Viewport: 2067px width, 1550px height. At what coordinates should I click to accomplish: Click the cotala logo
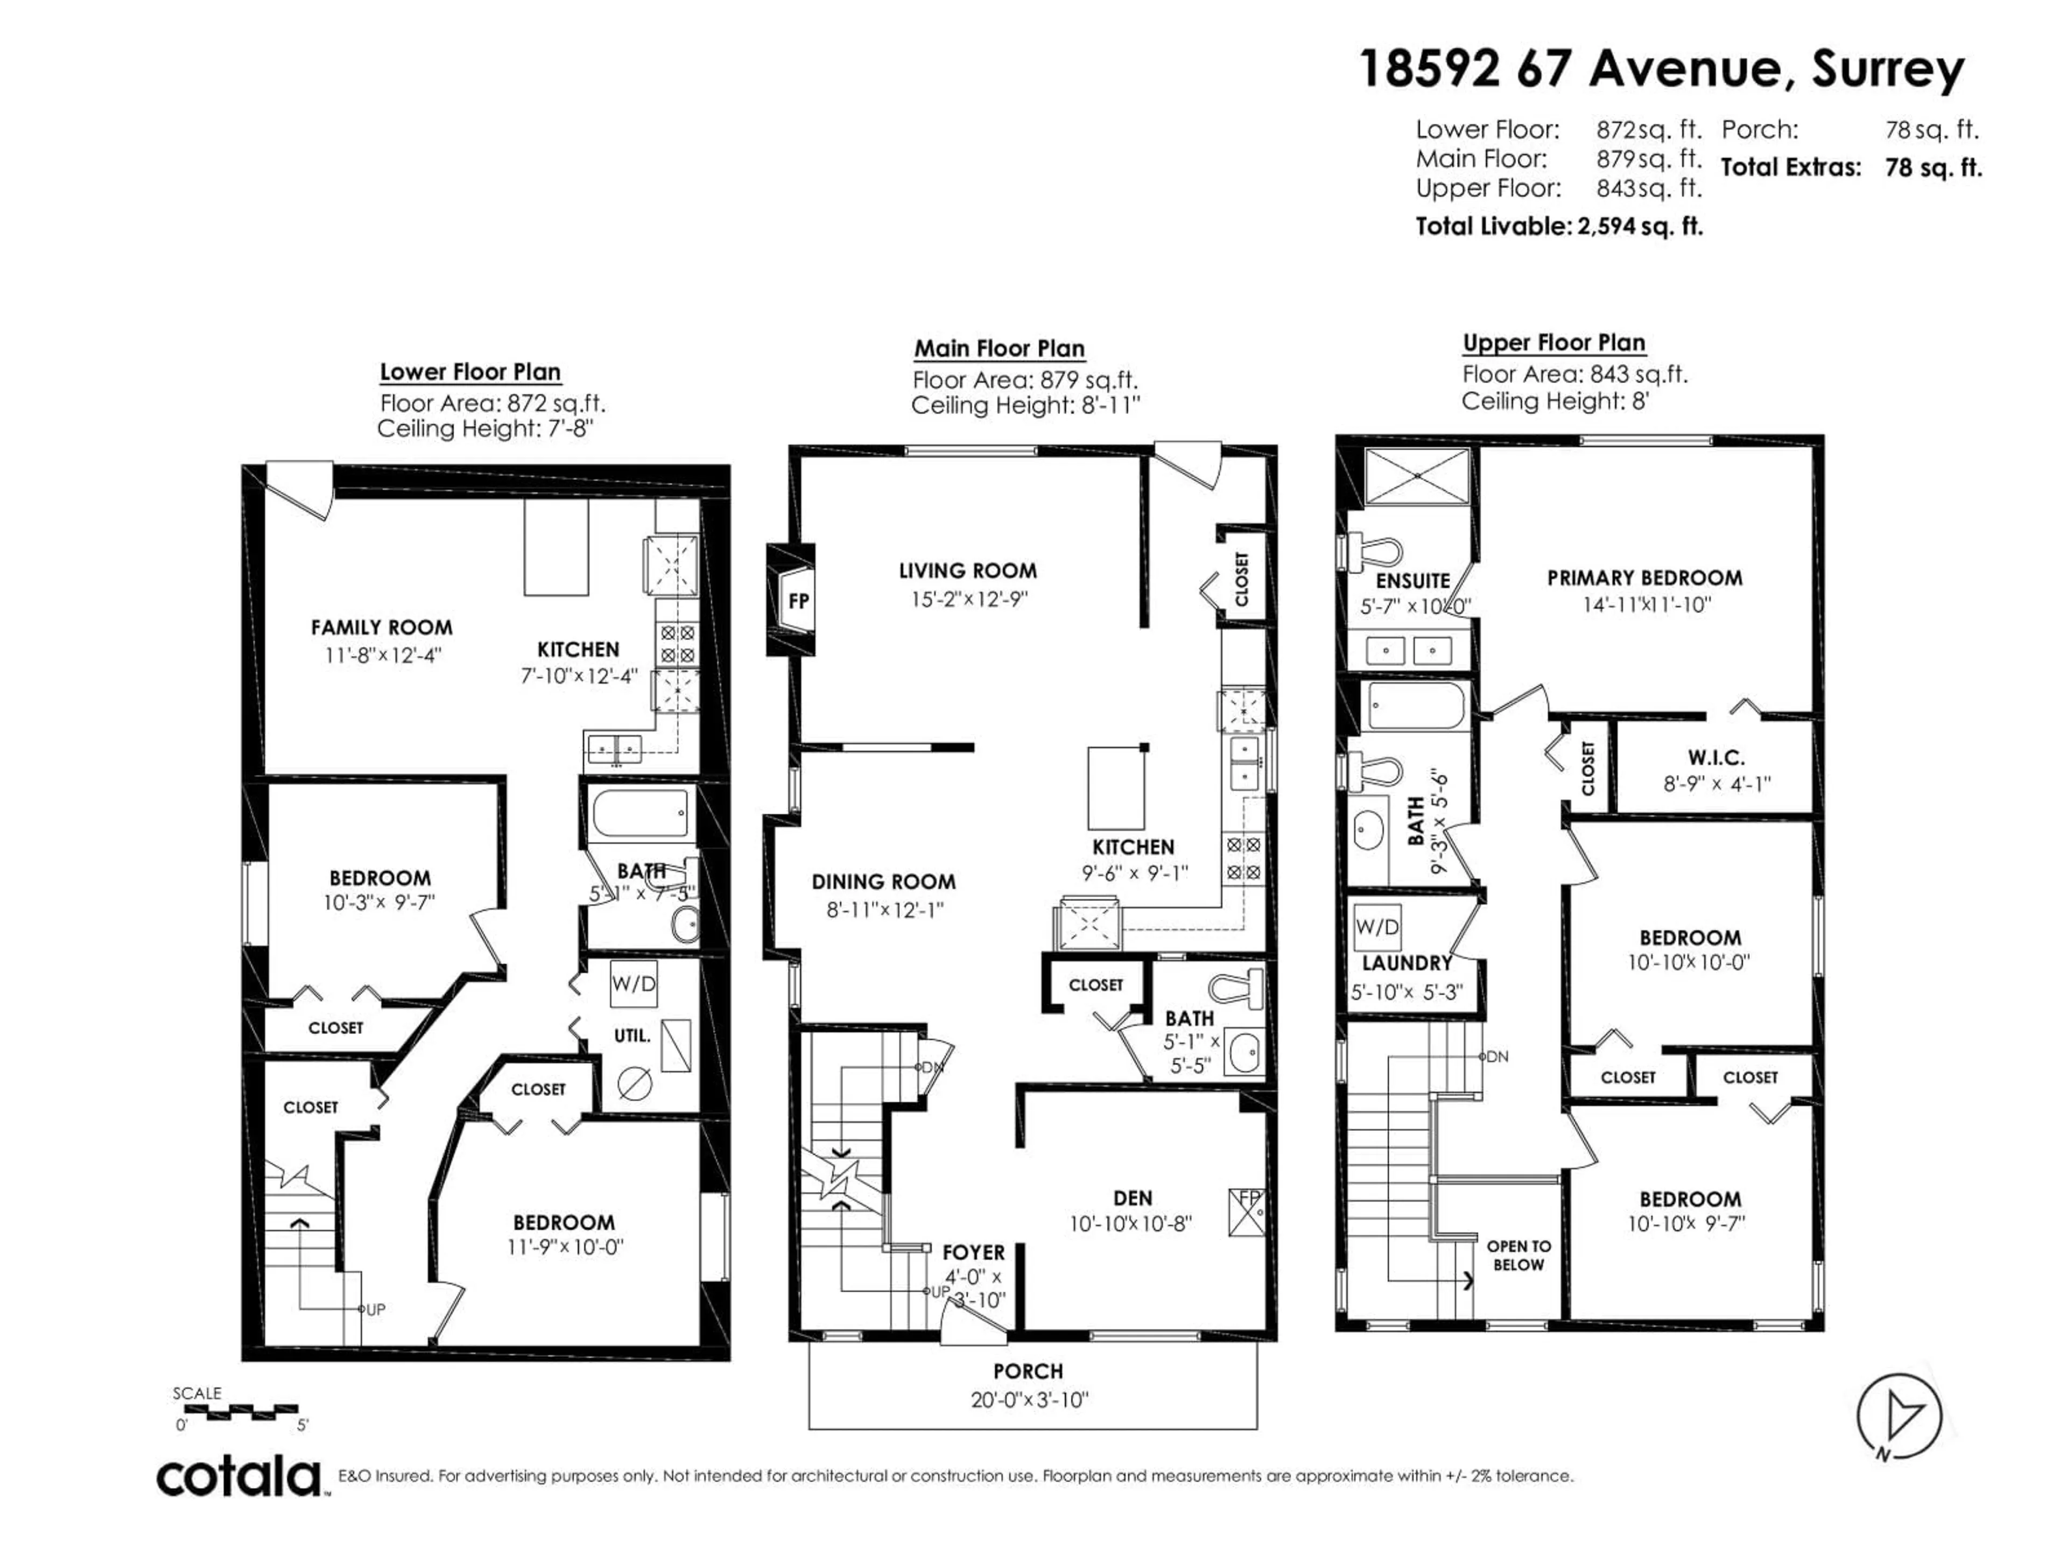coord(238,1477)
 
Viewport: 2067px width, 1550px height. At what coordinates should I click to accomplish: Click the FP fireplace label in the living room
coord(798,602)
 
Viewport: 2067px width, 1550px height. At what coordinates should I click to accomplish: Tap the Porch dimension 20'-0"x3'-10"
coord(1029,1400)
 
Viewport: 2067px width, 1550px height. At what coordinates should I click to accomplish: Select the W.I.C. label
coord(1716,758)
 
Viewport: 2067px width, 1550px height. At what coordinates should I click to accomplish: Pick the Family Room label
coord(381,628)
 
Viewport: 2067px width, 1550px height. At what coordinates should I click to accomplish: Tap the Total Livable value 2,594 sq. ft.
coord(1639,226)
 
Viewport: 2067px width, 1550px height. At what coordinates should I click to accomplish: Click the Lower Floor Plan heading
coord(470,372)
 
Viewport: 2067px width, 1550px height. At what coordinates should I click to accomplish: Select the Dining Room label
coord(883,881)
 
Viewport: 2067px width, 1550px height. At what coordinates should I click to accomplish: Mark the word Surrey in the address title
coord(1888,69)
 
